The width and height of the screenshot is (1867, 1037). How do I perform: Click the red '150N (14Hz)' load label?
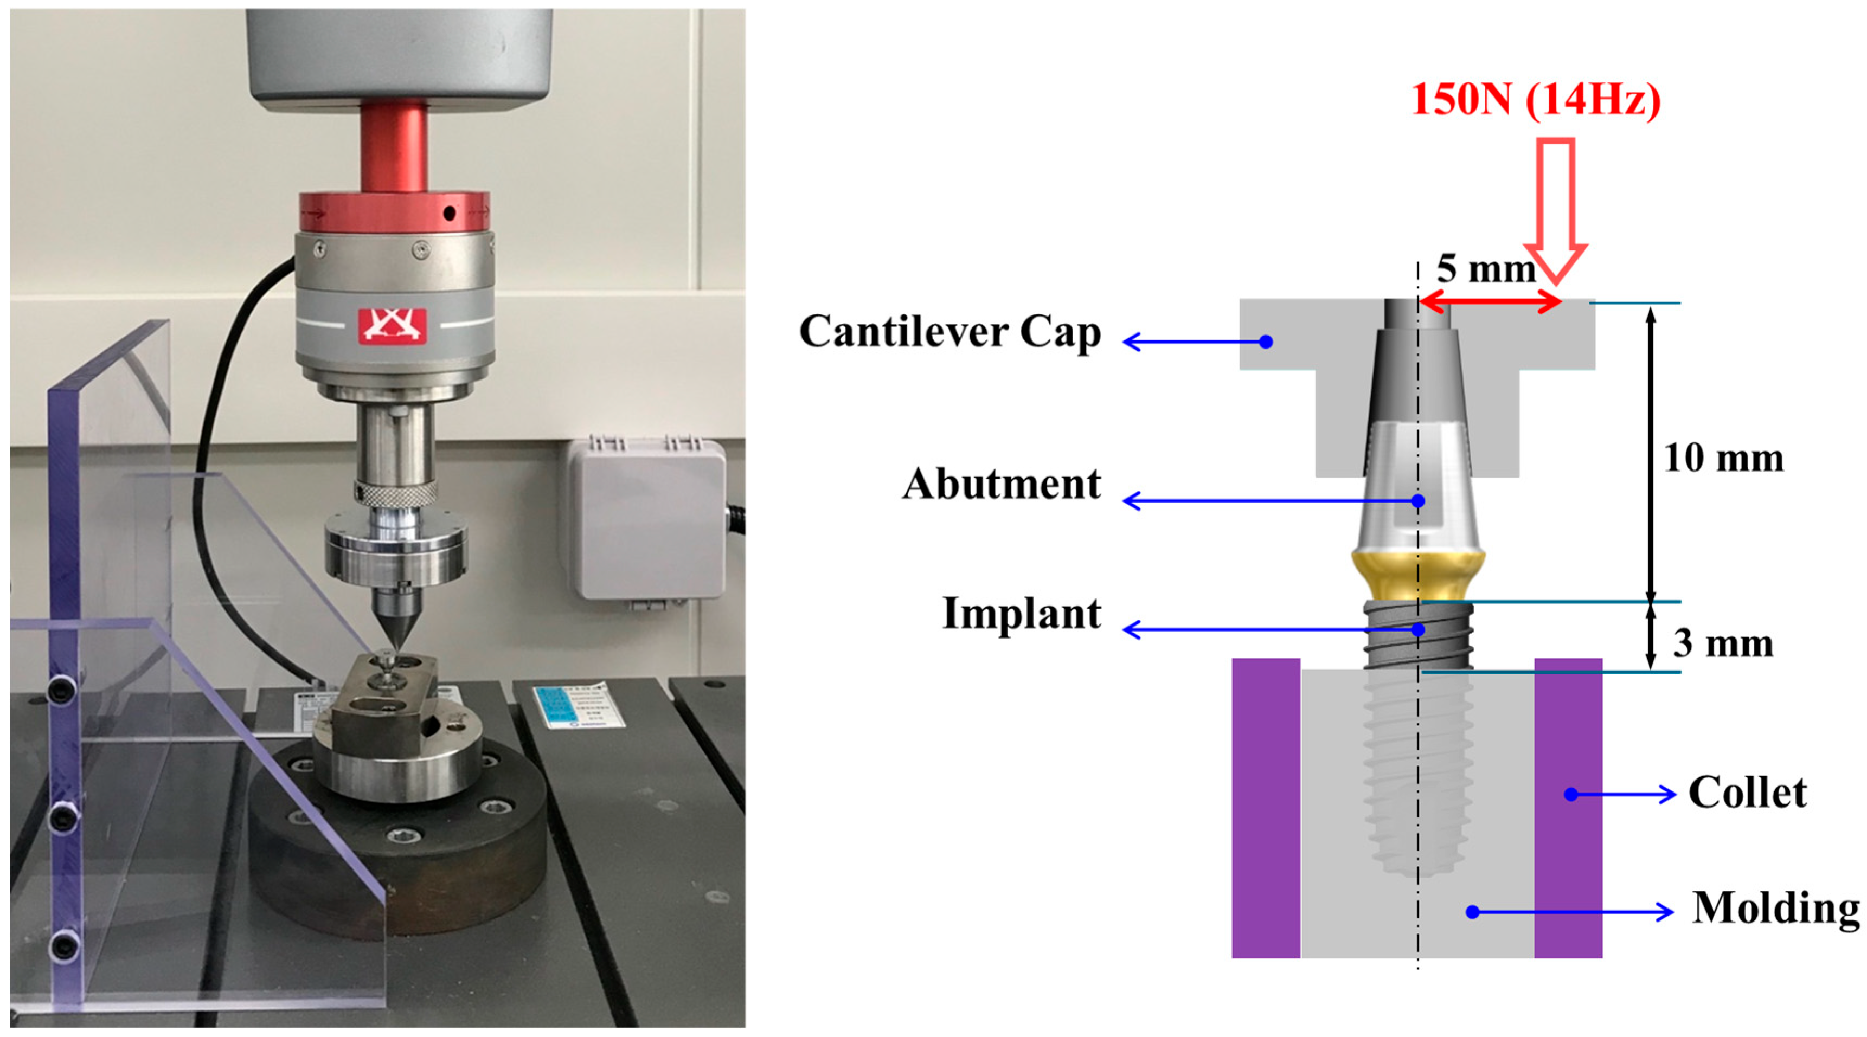(x=1536, y=99)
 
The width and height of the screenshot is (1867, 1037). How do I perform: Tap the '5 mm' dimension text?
(x=1486, y=269)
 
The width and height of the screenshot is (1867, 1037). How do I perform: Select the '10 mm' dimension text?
(x=1723, y=459)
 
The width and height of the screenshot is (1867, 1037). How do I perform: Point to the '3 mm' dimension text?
(x=1722, y=643)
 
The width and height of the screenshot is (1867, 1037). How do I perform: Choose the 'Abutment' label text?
(x=1002, y=484)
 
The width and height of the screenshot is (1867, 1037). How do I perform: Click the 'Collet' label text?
(x=1747, y=793)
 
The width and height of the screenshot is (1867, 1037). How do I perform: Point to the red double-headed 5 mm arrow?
(x=1490, y=301)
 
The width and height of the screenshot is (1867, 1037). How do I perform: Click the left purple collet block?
(x=1266, y=808)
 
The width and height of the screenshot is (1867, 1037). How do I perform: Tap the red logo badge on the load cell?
(x=392, y=325)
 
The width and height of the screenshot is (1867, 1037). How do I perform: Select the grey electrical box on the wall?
(x=646, y=519)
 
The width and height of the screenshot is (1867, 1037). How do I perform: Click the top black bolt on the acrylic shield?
(x=63, y=688)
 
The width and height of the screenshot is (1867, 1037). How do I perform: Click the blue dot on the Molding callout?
(x=1472, y=912)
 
